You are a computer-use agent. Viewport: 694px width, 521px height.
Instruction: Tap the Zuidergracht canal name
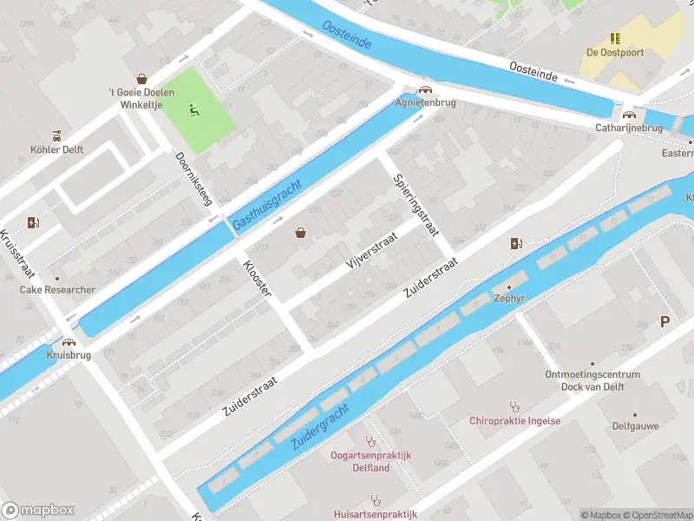(319, 425)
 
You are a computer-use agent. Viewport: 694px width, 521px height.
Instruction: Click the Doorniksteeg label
(193, 179)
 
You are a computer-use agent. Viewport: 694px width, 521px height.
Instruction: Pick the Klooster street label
(258, 278)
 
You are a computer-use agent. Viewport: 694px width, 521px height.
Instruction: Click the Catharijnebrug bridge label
(629, 128)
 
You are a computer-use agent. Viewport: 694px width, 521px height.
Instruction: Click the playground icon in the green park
(194, 110)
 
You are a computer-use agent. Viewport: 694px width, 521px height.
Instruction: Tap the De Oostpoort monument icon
(615, 38)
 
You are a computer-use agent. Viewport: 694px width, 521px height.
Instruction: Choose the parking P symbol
(665, 322)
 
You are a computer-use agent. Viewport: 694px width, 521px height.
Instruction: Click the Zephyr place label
(508, 298)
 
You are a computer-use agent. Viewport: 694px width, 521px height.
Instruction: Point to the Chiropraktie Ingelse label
(514, 421)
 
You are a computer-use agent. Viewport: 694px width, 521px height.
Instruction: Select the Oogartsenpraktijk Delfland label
(371, 461)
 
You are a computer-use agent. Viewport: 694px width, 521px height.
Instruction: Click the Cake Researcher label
(57, 290)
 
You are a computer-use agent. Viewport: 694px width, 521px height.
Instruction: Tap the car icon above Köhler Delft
(57, 135)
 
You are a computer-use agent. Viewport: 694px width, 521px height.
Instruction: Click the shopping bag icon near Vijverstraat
(301, 233)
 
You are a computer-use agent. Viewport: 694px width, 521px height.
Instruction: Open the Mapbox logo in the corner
(38, 510)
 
